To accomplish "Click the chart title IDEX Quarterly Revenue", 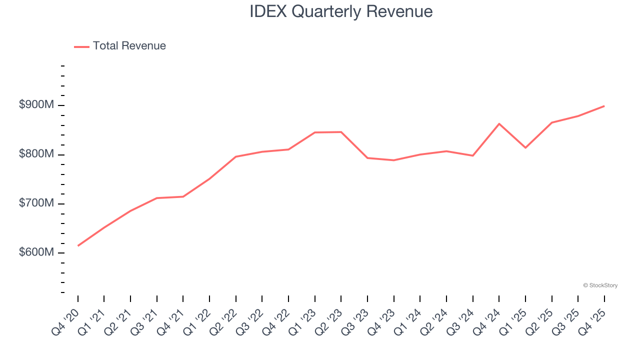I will click(341, 11).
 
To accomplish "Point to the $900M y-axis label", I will click(36, 105).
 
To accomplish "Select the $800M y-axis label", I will click(36, 154).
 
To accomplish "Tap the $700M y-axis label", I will click(36, 203).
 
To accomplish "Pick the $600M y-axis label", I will click(36, 252).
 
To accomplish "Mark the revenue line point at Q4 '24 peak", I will click(499, 123).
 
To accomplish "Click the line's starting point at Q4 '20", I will click(78, 245).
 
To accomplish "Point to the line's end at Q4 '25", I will click(604, 106).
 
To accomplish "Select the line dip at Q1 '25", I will click(525, 147).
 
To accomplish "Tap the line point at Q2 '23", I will click(341, 132).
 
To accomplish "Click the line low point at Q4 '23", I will click(393, 160).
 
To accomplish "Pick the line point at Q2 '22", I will click(235, 156).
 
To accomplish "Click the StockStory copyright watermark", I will click(600, 285).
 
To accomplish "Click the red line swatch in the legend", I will click(81, 46).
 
